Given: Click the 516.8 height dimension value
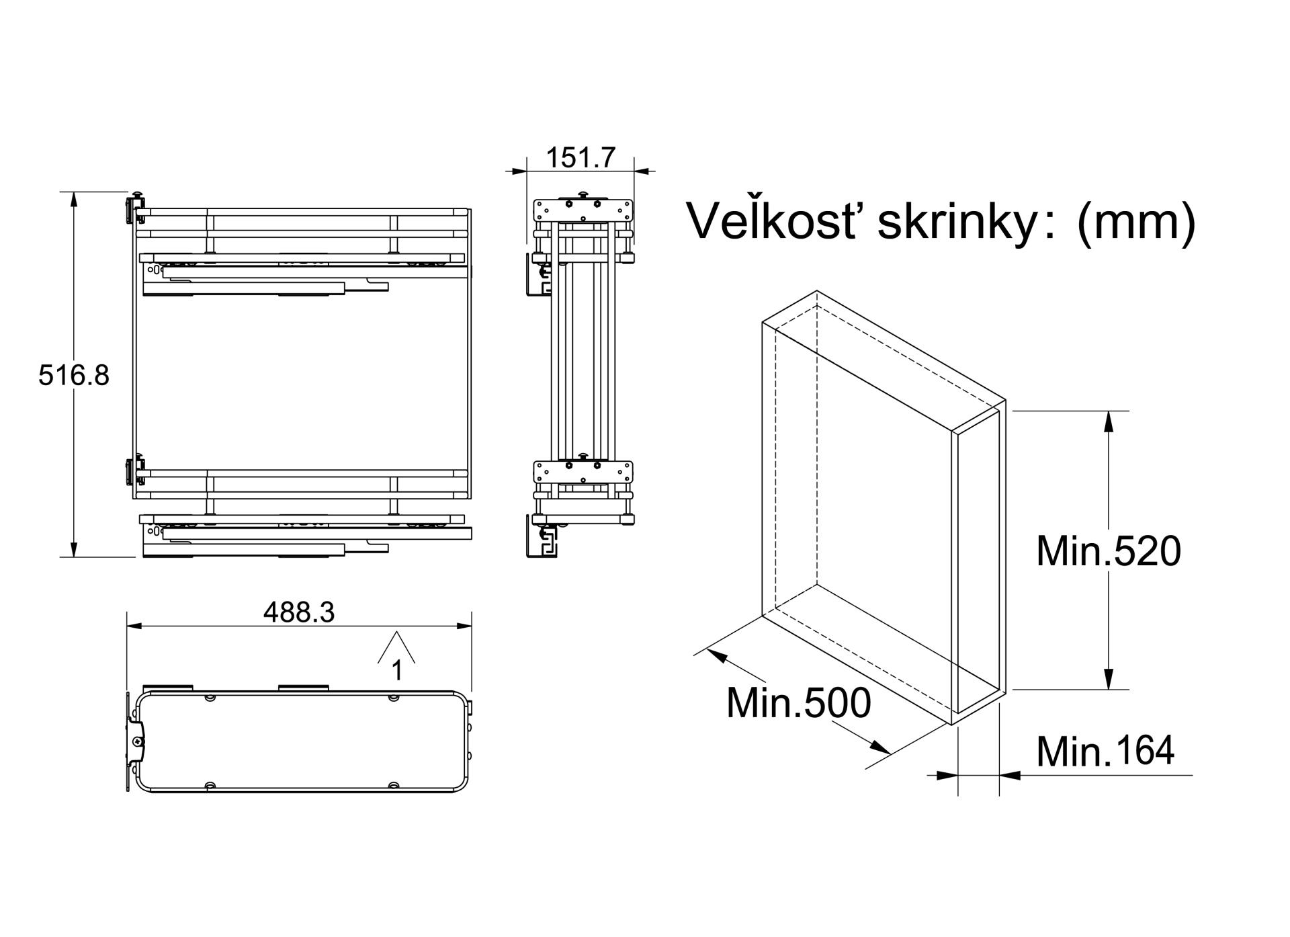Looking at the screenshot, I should pyautogui.click(x=73, y=375).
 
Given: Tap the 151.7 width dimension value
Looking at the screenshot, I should pyautogui.click(x=580, y=157).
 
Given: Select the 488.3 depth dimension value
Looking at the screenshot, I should pyautogui.click(x=299, y=612).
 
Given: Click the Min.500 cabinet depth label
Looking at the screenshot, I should pyautogui.click(x=798, y=703).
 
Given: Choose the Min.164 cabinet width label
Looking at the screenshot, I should pyautogui.click(x=1105, y=751).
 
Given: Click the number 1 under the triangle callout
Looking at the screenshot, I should pyautogui.click(x=397, y=670).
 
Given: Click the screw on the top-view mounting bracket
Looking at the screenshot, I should pyautogui.click(x=138, y=741).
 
